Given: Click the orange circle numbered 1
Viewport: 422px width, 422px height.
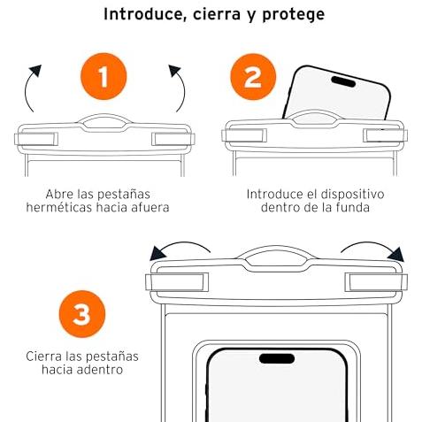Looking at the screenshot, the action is tap(104, 76).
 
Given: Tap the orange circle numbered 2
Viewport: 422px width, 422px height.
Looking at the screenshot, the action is tap(253, 77).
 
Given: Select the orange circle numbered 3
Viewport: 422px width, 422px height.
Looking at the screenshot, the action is tap(82, 314).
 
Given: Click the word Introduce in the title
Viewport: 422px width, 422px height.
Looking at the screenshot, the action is tap(145, 14).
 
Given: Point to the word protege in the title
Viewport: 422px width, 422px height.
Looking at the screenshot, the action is tap(294, 15).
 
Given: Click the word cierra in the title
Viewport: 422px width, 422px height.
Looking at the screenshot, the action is tap(217, 15).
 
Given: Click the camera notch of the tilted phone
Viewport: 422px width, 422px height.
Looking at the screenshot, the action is tap(343, 81).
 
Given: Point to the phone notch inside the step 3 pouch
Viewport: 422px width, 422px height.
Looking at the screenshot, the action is tap(277, 358).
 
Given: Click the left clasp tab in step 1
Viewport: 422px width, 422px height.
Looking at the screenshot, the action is tap(36, 139).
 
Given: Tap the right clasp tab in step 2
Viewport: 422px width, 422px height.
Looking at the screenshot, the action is tap(385, 135).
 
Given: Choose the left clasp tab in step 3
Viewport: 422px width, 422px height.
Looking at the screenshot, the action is tap(177, 282).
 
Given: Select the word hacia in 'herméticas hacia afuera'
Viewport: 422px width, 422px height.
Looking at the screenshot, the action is tap(113, 207).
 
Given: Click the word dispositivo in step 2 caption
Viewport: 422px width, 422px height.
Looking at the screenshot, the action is tap(352, 195).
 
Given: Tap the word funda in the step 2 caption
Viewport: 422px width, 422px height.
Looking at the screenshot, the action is tap(352, 207).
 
